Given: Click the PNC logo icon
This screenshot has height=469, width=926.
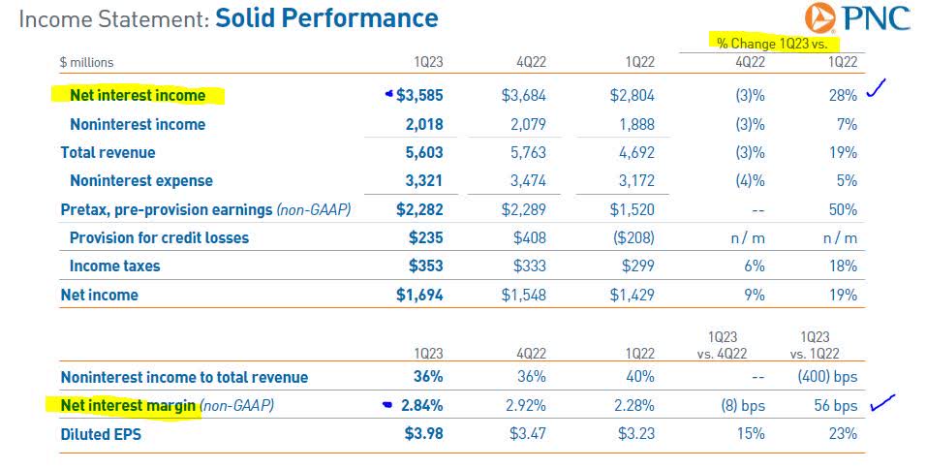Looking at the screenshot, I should (822, 18).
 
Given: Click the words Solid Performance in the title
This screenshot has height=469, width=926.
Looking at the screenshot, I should (326, 17).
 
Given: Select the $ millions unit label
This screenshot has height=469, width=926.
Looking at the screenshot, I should (86, 62).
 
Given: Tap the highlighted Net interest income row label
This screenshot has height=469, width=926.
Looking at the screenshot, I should (138, 95).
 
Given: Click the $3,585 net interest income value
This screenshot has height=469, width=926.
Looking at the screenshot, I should (419, 95).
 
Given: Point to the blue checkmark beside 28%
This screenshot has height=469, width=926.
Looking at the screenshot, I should (877, 92).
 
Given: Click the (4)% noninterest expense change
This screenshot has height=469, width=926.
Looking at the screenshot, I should (750, 180).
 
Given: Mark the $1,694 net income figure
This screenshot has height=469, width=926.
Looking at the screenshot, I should (419, 295).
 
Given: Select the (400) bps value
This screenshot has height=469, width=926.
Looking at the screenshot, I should (827, 377).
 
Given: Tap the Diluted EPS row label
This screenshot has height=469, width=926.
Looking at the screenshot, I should (101, 434).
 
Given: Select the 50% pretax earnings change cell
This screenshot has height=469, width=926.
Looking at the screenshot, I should (843, 209).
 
